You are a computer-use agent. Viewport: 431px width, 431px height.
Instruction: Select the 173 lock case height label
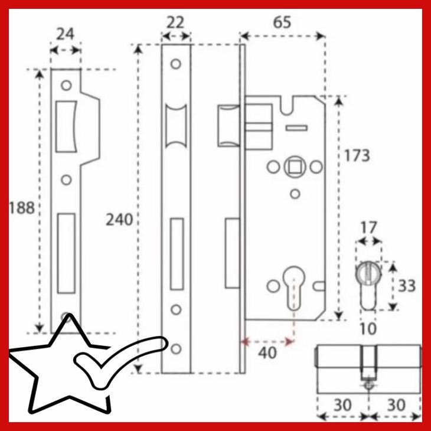(357, 155)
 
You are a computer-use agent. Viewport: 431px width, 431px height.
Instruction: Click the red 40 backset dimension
(268, 353)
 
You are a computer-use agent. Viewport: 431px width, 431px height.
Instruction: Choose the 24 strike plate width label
(65, 34)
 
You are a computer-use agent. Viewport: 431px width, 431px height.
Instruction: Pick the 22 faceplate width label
(175, 22)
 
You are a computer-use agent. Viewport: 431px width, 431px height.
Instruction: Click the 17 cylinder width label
(369, 227)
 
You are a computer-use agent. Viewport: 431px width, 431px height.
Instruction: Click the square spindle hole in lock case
(294, 167)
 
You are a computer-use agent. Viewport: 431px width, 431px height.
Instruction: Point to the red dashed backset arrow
(269, 341)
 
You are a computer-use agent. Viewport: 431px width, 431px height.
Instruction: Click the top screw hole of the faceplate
(175, 63)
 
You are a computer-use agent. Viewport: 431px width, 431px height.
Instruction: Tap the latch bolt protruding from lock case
(229, 125)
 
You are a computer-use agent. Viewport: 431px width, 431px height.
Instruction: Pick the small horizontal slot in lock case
(296, 128)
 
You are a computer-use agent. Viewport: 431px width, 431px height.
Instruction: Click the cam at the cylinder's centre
(368, 365)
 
